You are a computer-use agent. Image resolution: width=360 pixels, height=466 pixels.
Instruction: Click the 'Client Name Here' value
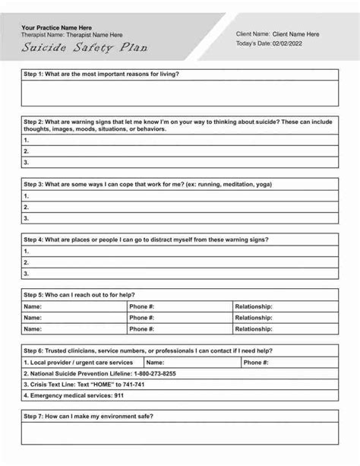click(x=295, y=34)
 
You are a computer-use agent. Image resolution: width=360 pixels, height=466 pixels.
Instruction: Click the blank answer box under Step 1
click(x=179, y=92)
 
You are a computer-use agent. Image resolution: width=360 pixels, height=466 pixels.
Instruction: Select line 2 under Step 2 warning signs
click(x=179, y=151)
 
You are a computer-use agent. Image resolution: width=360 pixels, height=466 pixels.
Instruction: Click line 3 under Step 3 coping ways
click(x=179, y=217)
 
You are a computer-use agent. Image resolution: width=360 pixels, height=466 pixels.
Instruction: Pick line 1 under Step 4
click(x=179, y=251)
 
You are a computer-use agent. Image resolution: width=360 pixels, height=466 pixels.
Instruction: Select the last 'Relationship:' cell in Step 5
click(x=285, y=329)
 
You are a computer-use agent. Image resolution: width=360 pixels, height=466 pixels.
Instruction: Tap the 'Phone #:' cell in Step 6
click(x=289, y=363)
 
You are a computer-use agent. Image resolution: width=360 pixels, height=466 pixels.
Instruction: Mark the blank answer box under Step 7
click(x=179, y=434)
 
